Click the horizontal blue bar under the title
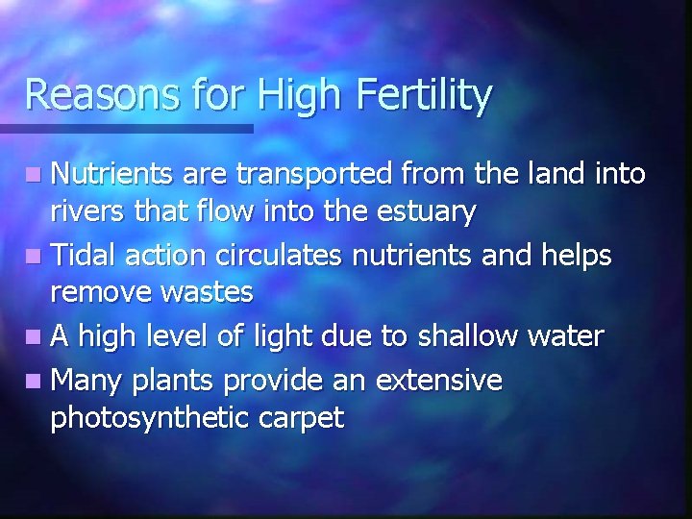click(x=126, y=128)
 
